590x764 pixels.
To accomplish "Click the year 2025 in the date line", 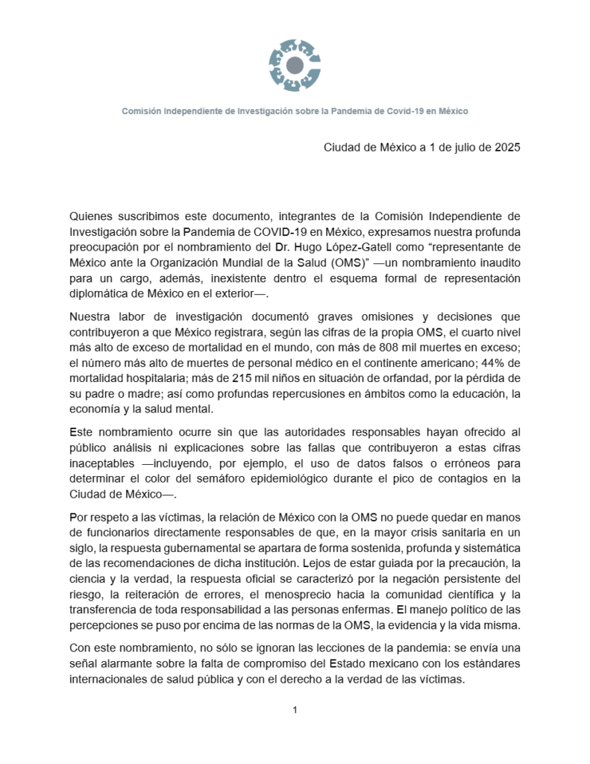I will click(506, 147).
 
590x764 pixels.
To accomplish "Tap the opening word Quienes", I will click(91, 217).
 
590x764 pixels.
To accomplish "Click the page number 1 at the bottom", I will click(295, 710).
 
